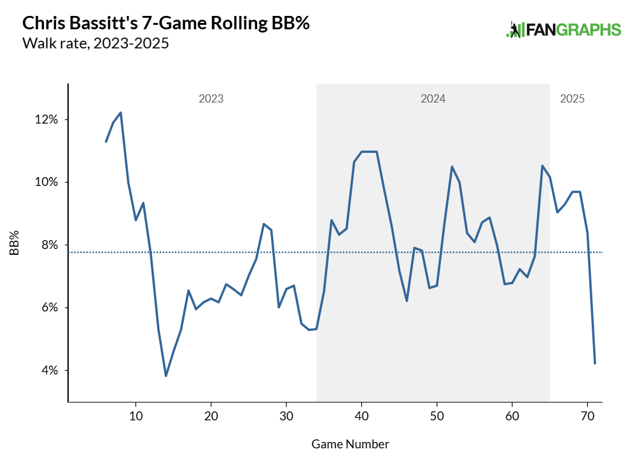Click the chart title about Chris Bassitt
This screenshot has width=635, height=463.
[x=166, y=24]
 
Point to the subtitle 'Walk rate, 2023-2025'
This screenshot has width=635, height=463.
[x=95, y=44]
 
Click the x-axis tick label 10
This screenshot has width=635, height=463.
[x=136, y=416]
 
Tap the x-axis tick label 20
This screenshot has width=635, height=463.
[x=211, y=416]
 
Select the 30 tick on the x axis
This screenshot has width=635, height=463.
[x=286, y=416]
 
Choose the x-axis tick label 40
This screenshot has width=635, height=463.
[x=361, y=416]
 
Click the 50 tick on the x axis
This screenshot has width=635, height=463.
[x=436, y=416]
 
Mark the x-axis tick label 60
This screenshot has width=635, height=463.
[x=512, y=416]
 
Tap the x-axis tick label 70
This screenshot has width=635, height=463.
[x=587, y=416]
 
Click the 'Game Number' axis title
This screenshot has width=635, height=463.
[x=351, y=443]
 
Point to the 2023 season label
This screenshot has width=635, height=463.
[x=211, y=99]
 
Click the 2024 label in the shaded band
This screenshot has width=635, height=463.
[x=433, y=99]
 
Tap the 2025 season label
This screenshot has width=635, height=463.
[x=572, y=99]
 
